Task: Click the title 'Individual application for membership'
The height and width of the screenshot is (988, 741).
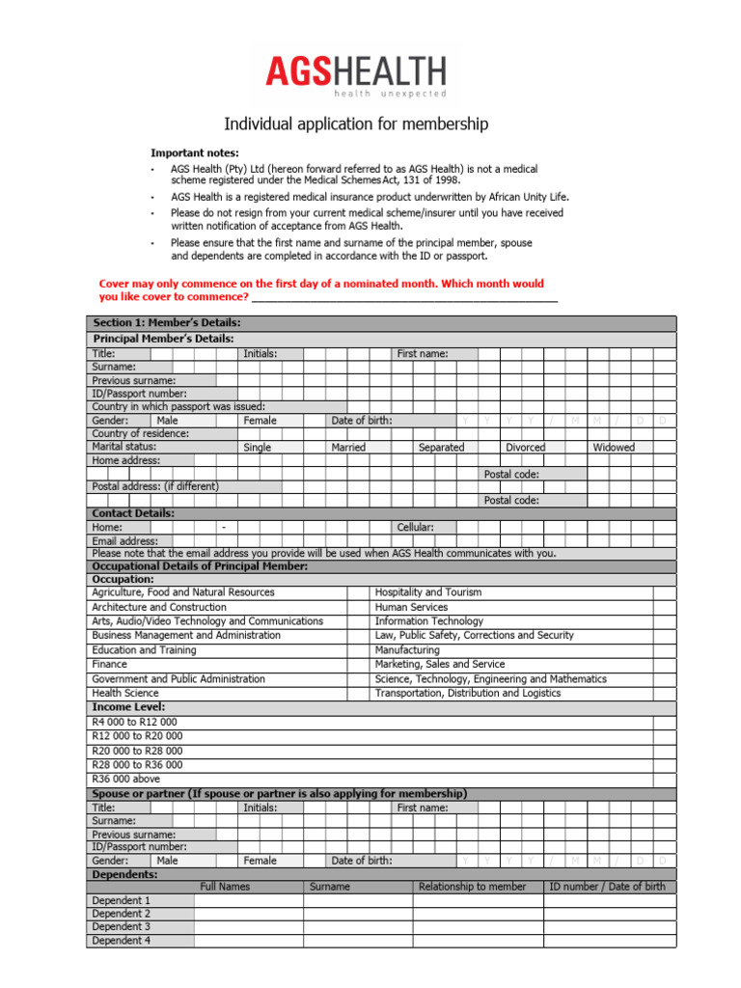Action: [x=356, y=124]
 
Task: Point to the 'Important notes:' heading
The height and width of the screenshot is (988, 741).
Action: [x=195, y=153]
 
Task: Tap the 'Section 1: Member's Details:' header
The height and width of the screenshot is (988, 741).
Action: [x=166, y=322]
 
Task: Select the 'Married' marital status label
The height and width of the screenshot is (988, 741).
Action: [x=348, y=448]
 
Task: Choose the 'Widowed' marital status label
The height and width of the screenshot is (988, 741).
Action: [x=614, y=448]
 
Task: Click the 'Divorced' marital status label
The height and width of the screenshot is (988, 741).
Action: [x=525, y=448]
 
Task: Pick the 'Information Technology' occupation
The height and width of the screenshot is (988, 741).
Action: [x=429, y=621]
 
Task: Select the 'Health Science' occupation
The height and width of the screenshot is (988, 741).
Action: [x=125, y=693]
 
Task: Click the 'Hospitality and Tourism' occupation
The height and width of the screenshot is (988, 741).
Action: [x=427, y=592]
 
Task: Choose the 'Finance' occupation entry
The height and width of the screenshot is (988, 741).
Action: [x=109, y=665]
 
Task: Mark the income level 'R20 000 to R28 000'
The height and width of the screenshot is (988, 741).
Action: [x=137, y=751]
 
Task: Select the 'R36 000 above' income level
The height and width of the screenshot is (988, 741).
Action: [x=125, y=779]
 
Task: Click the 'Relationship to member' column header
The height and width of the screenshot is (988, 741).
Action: [x=473, y=887]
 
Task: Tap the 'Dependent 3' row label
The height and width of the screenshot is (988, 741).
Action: [x=121, y=926]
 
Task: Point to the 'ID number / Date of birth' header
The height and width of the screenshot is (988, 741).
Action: [x=607, y=887]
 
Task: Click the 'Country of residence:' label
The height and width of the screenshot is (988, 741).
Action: [x=141, y=434]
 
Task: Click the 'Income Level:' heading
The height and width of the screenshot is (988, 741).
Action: [x=127, y=707]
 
